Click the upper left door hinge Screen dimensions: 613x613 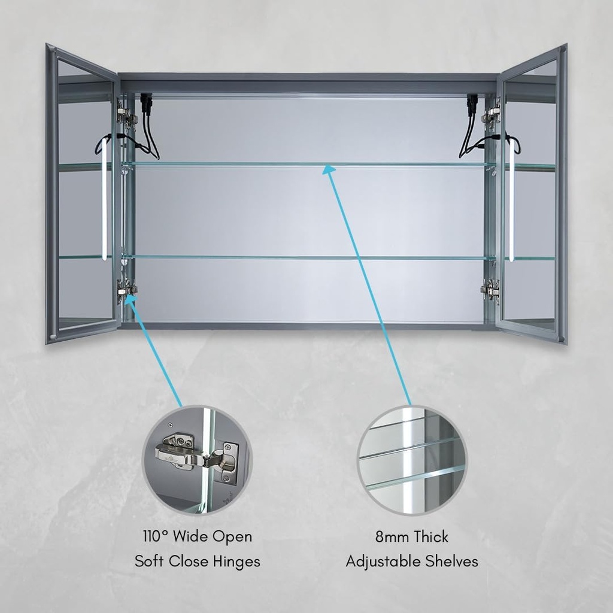127,114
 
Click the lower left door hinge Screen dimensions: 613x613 127,289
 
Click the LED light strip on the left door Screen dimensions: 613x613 104,198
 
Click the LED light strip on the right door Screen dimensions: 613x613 511,199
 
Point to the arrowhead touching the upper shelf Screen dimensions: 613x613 330,170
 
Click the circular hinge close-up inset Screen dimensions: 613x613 196,459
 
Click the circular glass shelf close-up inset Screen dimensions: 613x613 412,460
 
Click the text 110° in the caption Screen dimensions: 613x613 155,536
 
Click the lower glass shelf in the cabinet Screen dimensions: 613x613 309,257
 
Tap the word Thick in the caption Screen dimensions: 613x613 430,536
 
